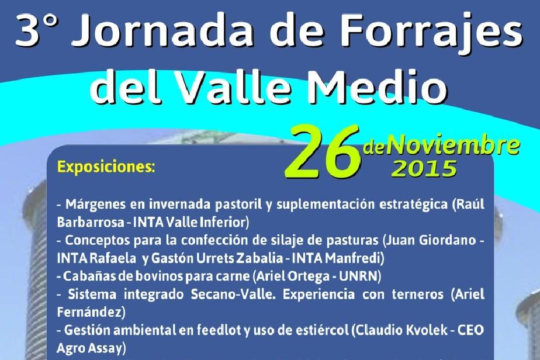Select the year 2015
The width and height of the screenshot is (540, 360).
[x=425, y=168]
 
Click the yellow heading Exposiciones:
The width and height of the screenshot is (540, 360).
[x=106, y=167]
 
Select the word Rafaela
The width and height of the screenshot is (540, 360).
[x=113, y=258]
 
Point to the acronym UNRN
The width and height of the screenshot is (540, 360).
[x=358, y=276]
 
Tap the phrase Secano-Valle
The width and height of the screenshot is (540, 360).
[x=233, y=294]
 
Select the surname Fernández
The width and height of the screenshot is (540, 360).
[x=89, y=312]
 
